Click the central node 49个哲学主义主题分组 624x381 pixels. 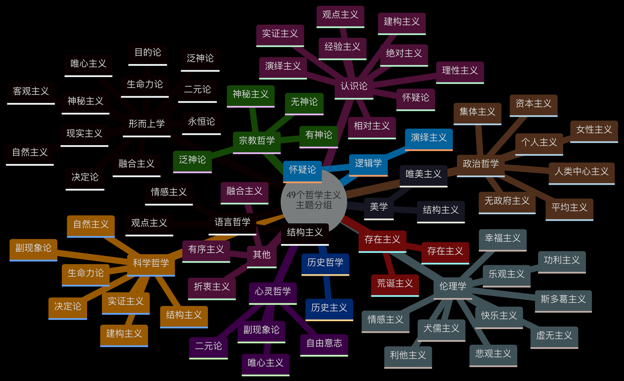[x=314, y=200]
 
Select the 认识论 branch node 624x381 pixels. [x=354, y=86]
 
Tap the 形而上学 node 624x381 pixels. [x=146, y=124]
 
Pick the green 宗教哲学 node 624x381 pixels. [x=257, y=140]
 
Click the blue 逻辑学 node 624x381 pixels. [x=368, y=163]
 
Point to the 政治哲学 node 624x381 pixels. [x=481, y=164]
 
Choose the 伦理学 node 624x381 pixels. [x=452, y=286]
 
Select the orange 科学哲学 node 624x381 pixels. [x=151, y=263]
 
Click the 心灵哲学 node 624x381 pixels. [x=273, y=291]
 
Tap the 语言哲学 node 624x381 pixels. [x=232, y=222]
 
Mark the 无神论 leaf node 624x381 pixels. [x=304, y=102]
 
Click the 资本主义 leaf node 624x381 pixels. [x=533, y=104]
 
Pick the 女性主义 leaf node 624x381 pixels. [x=594, y=130]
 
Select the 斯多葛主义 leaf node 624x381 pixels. [x=563, y=299]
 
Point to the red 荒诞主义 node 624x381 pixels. [x=395, y=283]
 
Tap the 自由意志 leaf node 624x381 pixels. [x=324, y=343]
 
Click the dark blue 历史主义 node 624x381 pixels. [x=329, y=308]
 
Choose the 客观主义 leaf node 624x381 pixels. [x=31, y=91]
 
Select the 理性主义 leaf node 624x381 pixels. [x=459, y=71]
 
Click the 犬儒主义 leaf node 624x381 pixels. [x=441, y=329]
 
